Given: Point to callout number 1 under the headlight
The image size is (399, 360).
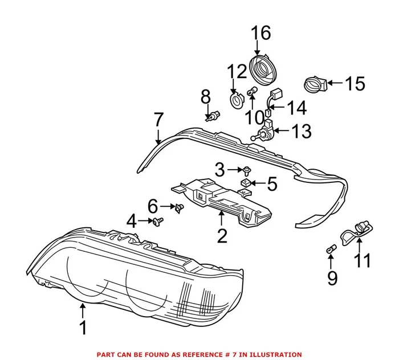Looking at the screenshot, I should point(83,328).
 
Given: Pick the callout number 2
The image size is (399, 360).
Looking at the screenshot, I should point(221,234).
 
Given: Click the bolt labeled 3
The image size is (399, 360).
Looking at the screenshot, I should point(246,170).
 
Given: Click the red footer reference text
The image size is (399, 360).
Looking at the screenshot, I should point(199,354).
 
